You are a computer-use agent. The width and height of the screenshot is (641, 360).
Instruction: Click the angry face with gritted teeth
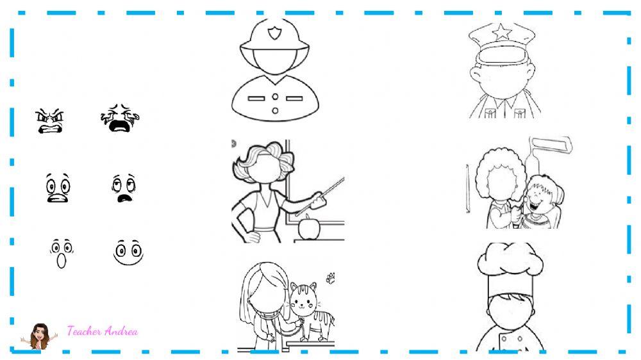(x=51, y=120)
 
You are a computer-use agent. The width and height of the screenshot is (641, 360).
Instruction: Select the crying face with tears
(x=119, y=119)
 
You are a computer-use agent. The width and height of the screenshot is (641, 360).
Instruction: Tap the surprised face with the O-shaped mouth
(x=61, y=253)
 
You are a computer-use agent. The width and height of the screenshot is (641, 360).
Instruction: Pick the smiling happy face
(x=128, y=252)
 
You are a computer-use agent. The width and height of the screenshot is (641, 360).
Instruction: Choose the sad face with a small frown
(x=122, y=188)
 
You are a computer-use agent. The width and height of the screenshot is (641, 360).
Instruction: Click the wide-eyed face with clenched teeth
(x=57, y=188)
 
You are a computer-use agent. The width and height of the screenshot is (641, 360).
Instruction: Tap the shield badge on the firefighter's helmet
(x=274, y=33)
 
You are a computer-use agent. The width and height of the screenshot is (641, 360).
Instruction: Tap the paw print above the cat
(x=330, y=277)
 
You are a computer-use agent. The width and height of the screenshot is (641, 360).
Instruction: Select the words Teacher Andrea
(x=102, y=331)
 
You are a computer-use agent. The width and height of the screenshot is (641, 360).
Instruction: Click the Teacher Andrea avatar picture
(x=40, y=336)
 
